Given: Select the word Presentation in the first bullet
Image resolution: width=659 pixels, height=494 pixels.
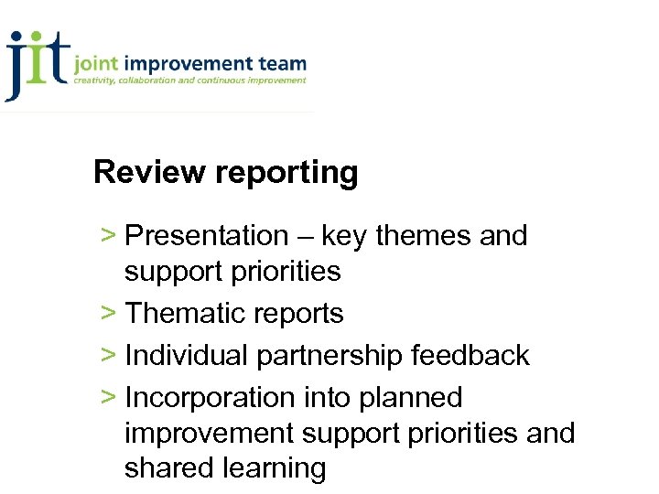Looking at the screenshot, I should click(x=206, y=236).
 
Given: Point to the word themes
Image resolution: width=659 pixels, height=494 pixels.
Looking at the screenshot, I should click(x=424, y=236).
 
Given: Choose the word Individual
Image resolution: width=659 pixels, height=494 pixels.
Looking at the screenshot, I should click(x=188, y=355).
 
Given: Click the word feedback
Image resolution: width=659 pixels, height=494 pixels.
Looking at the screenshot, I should click(x=470, y=355).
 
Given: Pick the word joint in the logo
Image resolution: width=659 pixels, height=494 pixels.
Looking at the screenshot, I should click(x=96, y=65).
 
